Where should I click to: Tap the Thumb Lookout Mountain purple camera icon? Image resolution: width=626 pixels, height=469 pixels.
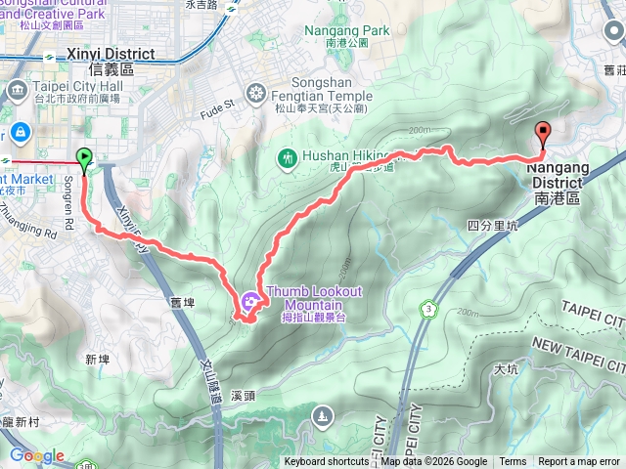point(250,300)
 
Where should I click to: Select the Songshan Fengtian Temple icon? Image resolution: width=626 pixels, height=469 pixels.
point(256,94)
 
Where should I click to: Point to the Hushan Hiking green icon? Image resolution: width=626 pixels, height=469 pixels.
point(288,156)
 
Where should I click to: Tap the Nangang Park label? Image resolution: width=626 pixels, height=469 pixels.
point(348,30)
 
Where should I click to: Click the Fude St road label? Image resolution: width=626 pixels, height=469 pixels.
point(219,103)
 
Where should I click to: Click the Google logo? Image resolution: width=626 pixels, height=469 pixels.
point(36,455)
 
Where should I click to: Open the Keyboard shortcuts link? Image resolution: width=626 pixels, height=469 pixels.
point(327,462)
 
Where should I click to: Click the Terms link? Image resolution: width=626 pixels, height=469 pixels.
point(513,462)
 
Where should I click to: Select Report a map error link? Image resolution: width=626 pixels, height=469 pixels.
point(579,462)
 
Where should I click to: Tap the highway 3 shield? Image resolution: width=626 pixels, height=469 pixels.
point(428,309)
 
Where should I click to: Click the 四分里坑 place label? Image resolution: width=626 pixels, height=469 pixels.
point(491,226)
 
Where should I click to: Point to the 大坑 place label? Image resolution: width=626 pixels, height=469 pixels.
point(507,369)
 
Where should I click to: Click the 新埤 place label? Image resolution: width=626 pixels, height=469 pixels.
point(97,360)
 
